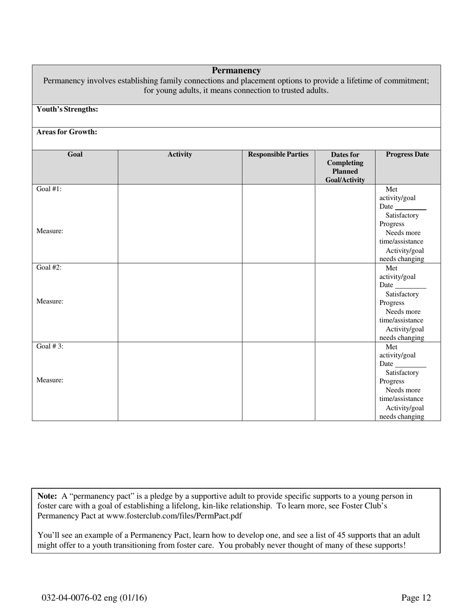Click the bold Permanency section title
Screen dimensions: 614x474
[x=236, y=71]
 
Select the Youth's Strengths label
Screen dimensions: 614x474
[x=67, y=109]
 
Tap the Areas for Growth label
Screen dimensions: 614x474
[x=66, y=132]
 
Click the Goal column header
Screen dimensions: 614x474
[x=75, y=155]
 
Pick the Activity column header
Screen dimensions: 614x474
[x=180, y=155]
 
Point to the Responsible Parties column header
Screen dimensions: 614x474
[x=278, y=155]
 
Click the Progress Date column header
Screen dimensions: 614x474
[x=407, y=155]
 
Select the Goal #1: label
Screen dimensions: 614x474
[x=49, y=189]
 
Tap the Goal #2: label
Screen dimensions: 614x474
[x=49, y=268]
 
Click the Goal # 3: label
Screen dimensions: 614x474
[x=50, y=346]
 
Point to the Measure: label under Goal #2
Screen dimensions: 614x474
[x=49, y=302]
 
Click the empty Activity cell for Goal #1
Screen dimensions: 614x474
[x=180, y=223]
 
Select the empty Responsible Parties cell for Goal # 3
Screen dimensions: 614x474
[x=278, y=381]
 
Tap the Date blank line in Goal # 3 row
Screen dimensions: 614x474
[x=411, y=365]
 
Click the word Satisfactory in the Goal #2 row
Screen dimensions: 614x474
[x=402, y=294]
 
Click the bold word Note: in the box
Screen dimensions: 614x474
[x=47, y=496]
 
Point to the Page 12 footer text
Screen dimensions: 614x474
[x=416, y=598]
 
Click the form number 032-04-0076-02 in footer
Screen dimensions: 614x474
[x=73, y=598]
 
